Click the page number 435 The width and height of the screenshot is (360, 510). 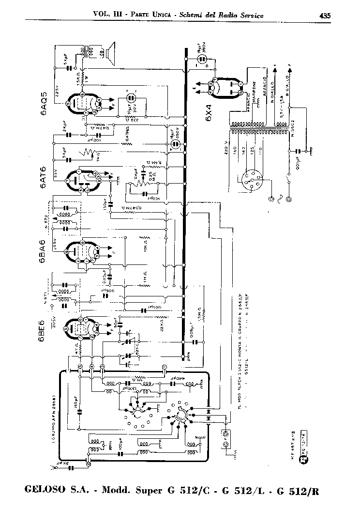(x=325, y=15)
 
